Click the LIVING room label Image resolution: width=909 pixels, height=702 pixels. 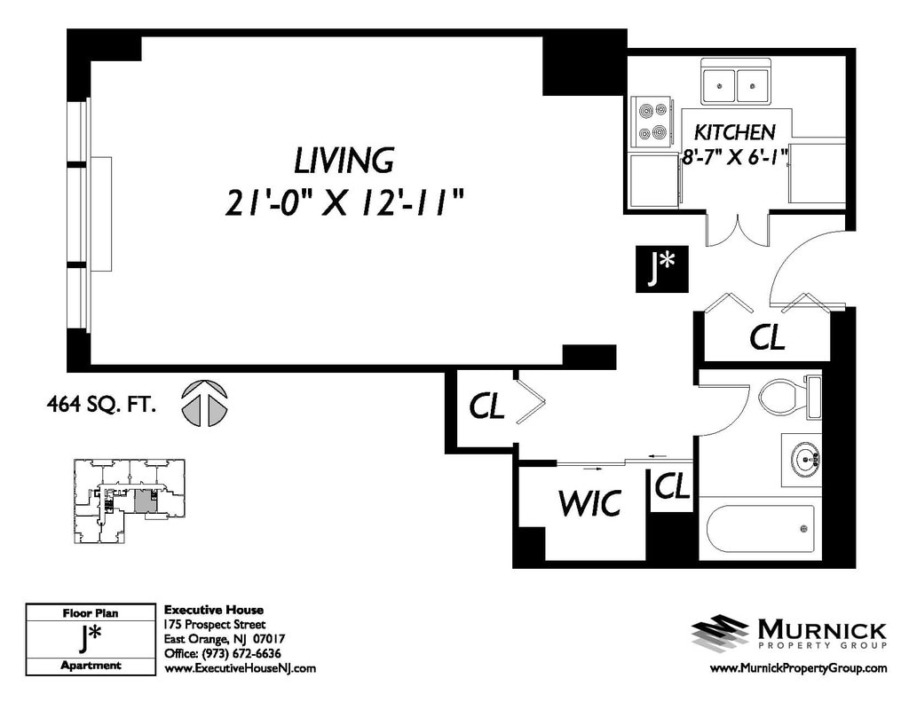[344, 161]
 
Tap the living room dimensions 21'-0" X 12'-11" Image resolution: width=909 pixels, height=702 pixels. [344, 203]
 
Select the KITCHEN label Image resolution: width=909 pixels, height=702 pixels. [734, 133]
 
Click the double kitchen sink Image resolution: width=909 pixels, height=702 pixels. [736, 82]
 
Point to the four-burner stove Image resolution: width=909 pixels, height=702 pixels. [652, 123]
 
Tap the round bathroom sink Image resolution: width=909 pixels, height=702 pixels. [802, 460]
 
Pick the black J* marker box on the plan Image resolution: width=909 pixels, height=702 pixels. [661, 269]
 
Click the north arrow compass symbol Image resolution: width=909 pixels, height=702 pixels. [204, 404]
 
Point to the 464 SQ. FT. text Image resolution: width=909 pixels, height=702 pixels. [101, 404]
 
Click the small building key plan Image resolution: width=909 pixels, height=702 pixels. [130, 501]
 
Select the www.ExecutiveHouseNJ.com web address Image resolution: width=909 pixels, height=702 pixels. [240, 667]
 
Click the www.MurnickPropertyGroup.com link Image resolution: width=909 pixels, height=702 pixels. [798, 667]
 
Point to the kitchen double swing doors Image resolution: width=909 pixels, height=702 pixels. [738, 228]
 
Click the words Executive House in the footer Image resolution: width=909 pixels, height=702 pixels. [213, 610]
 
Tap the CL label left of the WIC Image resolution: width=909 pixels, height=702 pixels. [486, 406]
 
